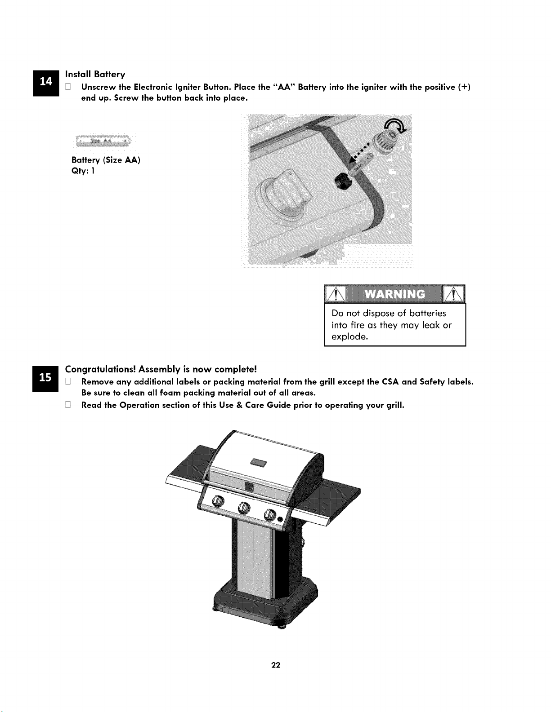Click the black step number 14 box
pos(46,83)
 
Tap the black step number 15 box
pos(45,379)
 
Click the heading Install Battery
pos(95,75)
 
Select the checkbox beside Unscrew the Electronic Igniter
pos(68,87)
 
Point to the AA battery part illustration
pos(103,141)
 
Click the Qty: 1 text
pos(83,171)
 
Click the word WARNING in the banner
pos(395,294)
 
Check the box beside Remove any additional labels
pos(68,381)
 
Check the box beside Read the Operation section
pos(68,405)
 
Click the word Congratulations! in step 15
pos(100,370)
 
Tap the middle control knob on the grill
pos(244,508)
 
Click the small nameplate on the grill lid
pos(259,463)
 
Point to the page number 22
pos(276,665)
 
